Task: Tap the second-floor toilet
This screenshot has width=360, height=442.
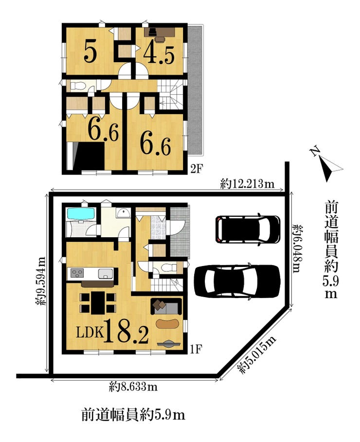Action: coord(76,86)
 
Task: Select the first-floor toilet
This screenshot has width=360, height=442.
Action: coord(170,266)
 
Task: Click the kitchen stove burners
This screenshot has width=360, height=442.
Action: coord(77,273)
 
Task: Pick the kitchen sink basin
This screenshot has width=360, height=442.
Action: coord(106,273)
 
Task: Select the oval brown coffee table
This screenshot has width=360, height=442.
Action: coord(167,323)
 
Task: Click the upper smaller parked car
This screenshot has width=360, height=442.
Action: coord(248,229)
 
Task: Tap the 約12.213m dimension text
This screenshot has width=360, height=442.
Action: coord(247,184)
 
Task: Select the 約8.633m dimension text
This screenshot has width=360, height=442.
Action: coord(133,387)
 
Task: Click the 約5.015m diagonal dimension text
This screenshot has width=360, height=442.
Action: coord(257,354)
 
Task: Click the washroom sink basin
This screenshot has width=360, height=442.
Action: coord(123,213)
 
